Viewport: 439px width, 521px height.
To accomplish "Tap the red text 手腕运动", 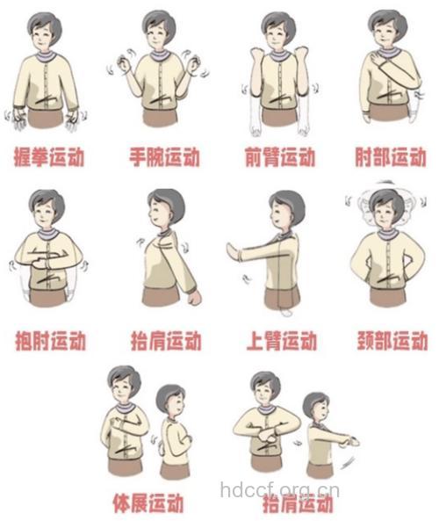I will [163, 158].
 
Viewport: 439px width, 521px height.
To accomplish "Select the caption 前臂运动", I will [279, 158].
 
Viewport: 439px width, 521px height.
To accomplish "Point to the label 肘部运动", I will [391, 158].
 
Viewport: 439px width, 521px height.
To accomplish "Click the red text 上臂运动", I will [279, 339].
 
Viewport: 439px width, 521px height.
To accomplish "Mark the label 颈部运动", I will [392, 339].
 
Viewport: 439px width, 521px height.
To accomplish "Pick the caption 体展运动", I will [148, 503].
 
